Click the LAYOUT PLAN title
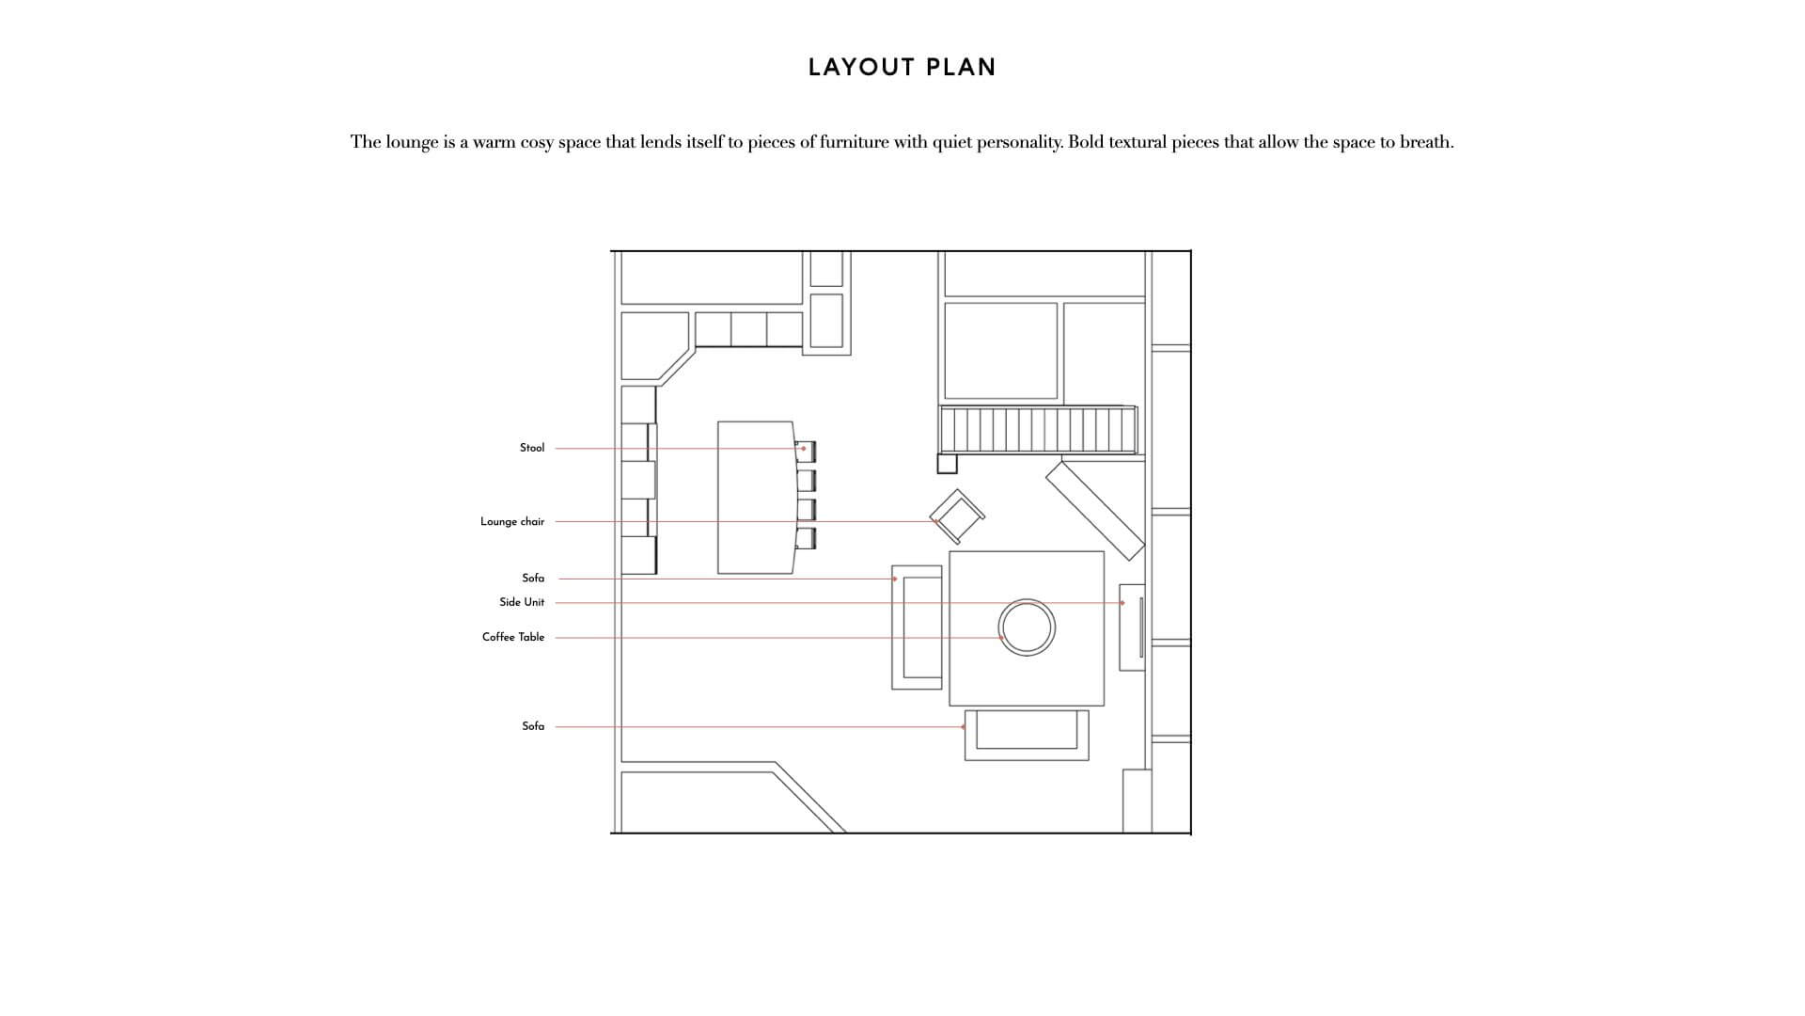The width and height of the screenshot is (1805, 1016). coord(902,67)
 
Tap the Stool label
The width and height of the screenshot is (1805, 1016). coord(532,448)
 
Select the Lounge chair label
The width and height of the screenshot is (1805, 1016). coord(512,521)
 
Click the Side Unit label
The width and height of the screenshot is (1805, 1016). coord(522,602)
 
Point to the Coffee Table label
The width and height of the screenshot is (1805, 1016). coord(513,637)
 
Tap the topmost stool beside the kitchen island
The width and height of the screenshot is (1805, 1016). coord(806,452)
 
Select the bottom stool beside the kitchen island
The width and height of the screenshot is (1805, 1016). coord(806,538)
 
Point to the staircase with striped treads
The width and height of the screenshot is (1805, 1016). coord(1038,430)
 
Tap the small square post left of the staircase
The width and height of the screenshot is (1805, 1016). coord(947,463)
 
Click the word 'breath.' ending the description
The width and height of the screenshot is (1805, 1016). coord(1427,142)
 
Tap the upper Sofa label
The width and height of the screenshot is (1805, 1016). coord(533,579)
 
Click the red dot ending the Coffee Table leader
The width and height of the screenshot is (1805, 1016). coord(1003,638)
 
